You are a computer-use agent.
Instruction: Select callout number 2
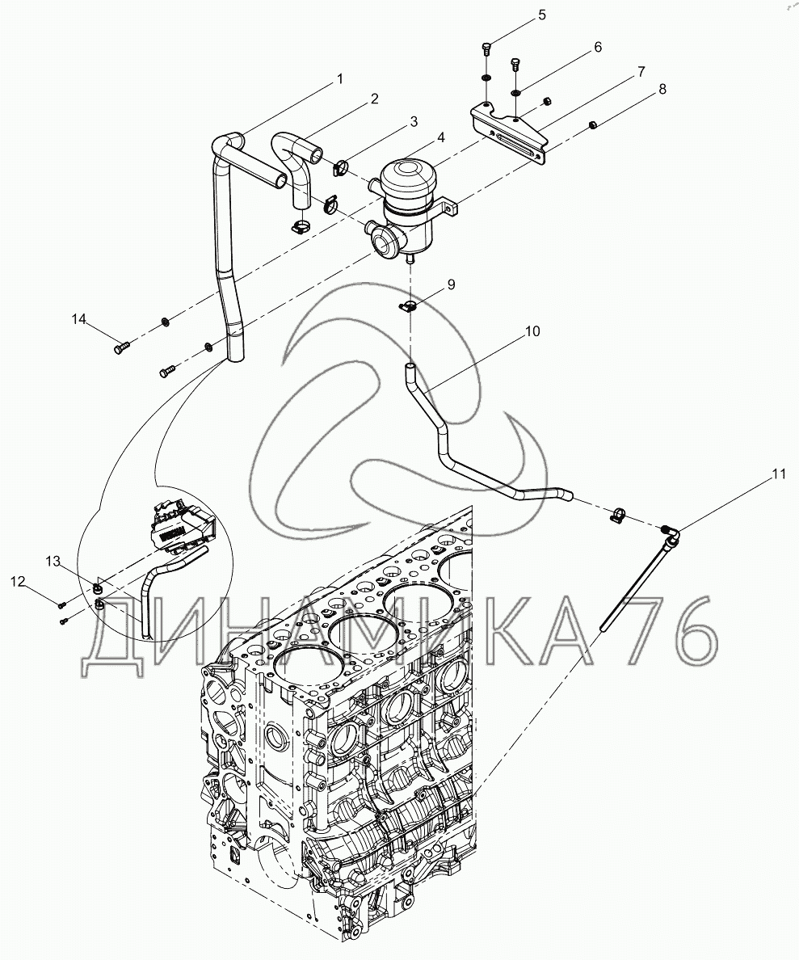374,99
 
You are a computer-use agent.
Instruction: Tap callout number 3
414,122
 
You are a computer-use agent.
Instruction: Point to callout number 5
542,15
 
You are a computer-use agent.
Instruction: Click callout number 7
641,72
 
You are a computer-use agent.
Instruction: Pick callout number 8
663,89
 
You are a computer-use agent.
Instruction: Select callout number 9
451,284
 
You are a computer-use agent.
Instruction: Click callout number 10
532,331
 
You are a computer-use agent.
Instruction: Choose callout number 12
18,582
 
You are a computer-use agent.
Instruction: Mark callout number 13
53,562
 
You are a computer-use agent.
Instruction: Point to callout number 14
79,319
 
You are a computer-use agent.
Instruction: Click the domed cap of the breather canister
407,175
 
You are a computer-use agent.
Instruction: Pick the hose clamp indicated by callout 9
408,305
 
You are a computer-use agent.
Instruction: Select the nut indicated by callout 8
593,125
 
